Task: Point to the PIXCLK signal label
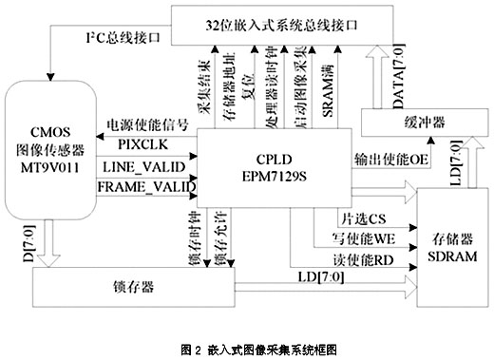(x=142, y=144)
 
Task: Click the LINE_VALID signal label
(x=148, y=167)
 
